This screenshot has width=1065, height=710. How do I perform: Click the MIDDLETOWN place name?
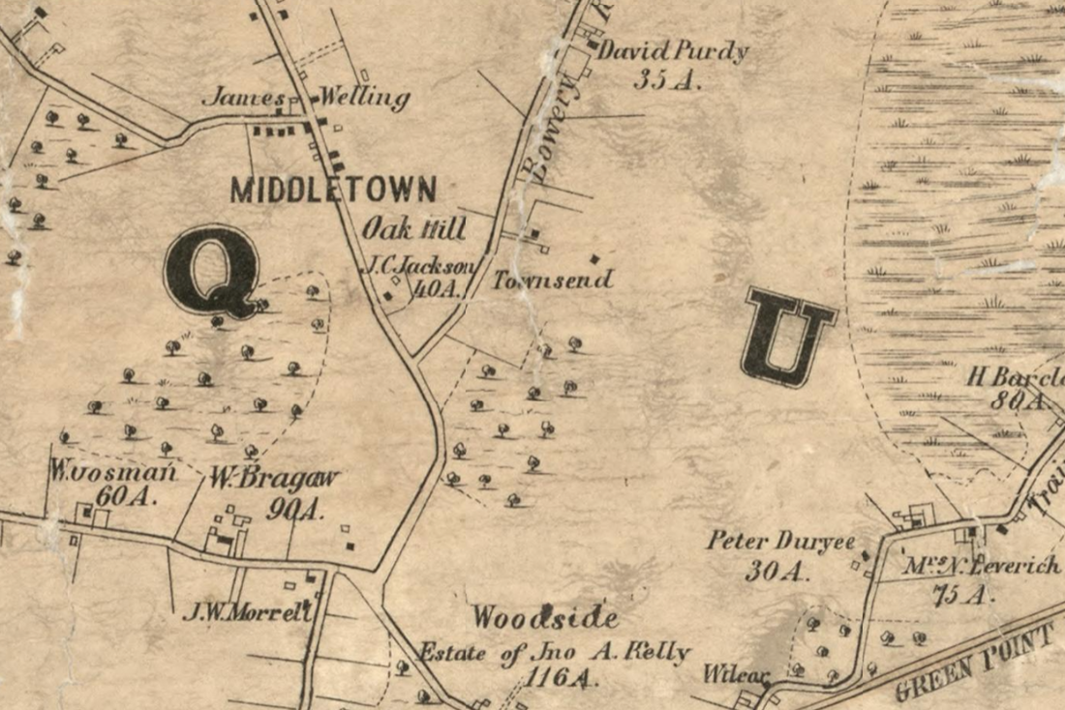[333, 190]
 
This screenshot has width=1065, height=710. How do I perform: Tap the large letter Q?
[212, 271]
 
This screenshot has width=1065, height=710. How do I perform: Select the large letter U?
[788, 337]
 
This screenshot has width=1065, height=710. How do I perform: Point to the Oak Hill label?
[414, 229]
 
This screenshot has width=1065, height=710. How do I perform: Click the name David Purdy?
[673, 51]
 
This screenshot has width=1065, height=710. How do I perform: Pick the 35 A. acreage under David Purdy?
[666, 81]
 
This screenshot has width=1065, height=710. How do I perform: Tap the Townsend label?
[553, 281]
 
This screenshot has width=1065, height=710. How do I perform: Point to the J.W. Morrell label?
[247, 611]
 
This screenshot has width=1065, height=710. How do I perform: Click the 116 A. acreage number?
[561, 678]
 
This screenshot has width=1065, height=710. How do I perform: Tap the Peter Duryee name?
[780, 541]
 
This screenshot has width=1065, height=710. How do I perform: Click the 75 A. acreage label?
[962, 594]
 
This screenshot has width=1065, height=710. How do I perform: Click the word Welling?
[365, 99]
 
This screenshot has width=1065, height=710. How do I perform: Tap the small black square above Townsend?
[594, 258]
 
